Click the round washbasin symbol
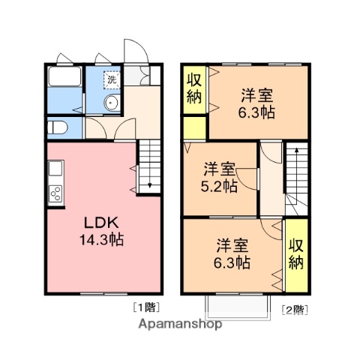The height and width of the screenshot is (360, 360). pos(110,104)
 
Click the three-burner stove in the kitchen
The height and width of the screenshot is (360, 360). pos(55,194)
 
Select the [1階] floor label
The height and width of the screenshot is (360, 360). pos(146,306)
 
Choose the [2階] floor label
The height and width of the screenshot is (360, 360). pos(294,308)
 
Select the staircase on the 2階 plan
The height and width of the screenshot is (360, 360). pos(296,174)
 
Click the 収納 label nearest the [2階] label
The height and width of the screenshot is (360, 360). pos(297,254)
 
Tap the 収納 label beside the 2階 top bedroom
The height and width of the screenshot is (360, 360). pos(193,88)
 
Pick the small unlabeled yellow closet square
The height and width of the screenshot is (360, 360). pos(193,127)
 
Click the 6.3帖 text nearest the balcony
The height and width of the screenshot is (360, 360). pos(233,263)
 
